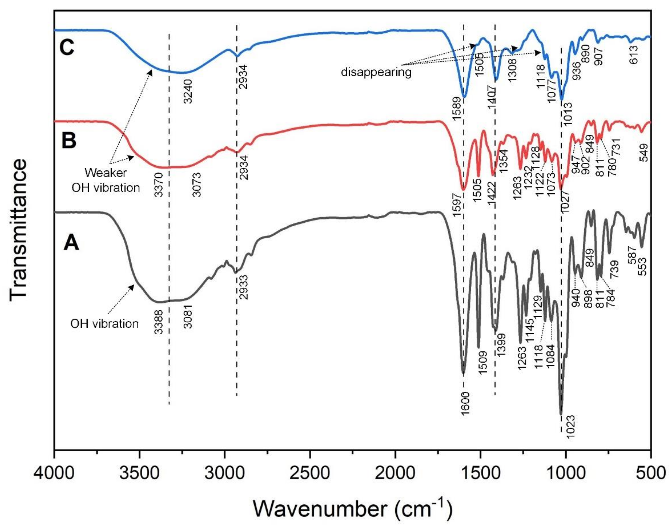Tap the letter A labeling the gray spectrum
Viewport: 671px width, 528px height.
(71, 243)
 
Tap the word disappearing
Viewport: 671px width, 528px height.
(376, 72)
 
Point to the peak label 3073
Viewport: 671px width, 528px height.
(197, 185)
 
